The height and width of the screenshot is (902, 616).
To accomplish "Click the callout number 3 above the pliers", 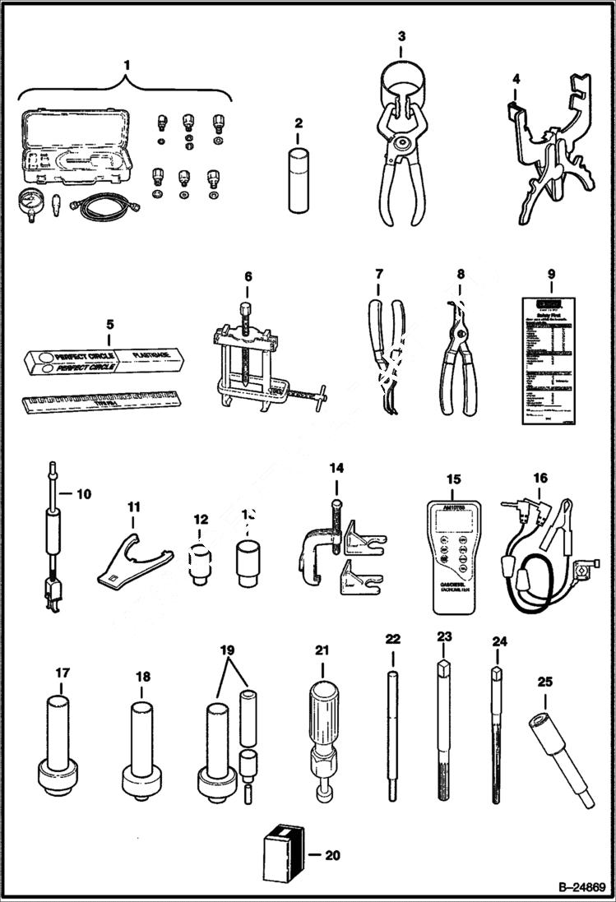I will (x=401, y=36).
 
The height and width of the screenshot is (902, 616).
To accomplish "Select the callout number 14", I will (x=336, y=470).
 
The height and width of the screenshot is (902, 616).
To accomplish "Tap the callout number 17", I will (x=63, y=673).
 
